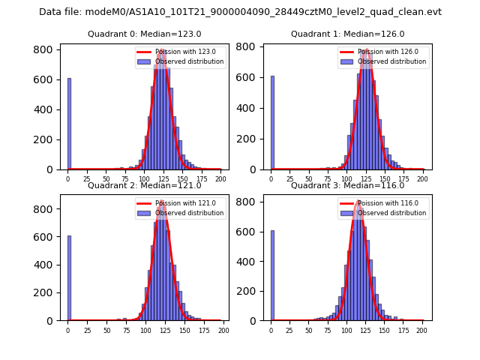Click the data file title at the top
point(240,12)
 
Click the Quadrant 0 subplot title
point(145,34)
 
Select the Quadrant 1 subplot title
point(347,34)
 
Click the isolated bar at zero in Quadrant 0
point(69,124)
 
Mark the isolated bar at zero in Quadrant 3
point(272,275)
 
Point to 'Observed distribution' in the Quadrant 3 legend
point(391,213)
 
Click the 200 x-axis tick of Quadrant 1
point(422,179)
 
